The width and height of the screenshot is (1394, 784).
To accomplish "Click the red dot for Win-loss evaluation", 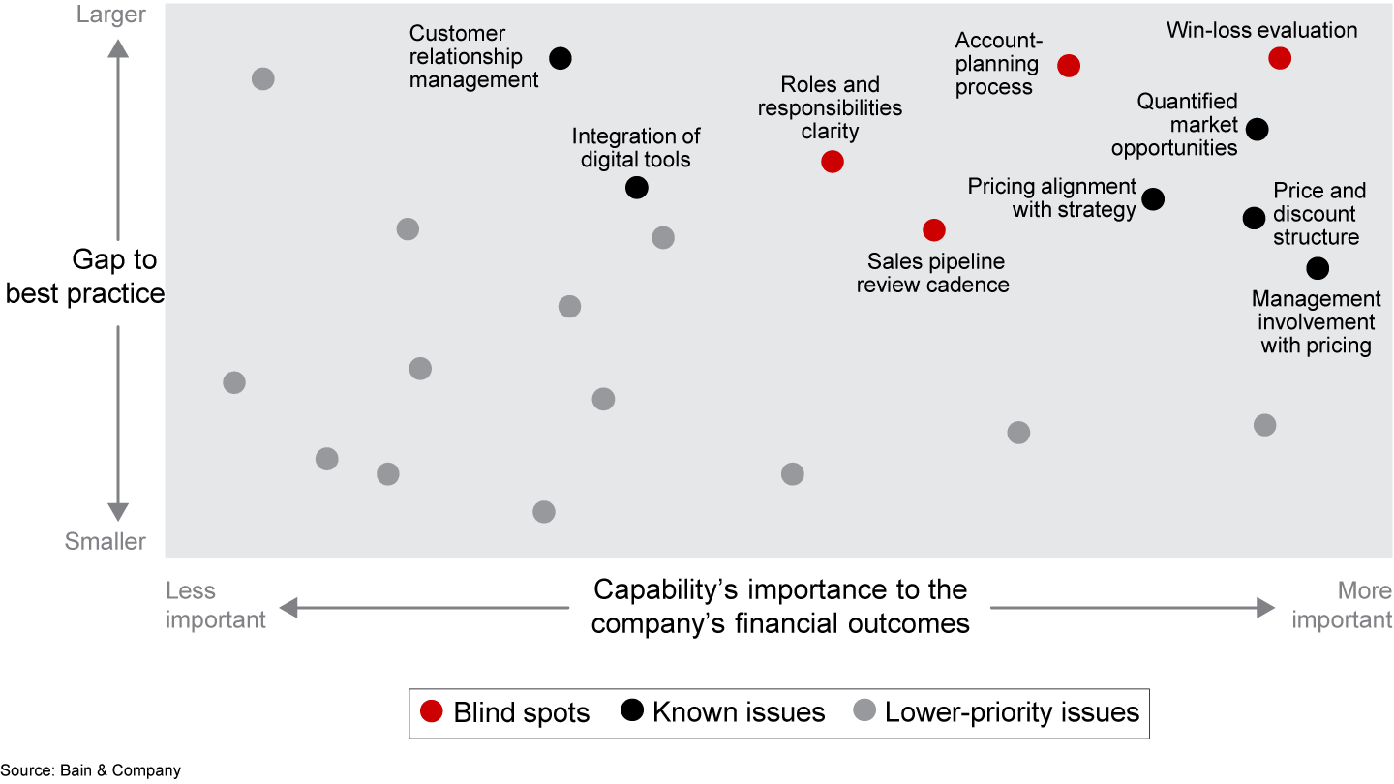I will [1280, 58].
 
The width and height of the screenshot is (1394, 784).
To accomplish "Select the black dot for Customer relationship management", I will [560, 58].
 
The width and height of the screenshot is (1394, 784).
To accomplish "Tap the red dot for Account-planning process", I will [1069, 66].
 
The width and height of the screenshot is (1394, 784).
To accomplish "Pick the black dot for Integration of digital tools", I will [637, 188].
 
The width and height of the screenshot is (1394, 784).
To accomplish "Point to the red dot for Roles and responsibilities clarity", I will [833, 162].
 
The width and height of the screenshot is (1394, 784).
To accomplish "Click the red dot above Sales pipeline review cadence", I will [933, 229].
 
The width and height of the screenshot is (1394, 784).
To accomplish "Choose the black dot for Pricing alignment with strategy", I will [1153, 199].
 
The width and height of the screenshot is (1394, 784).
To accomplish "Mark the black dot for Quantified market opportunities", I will [1258, 129].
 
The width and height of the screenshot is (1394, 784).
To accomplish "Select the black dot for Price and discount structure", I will [1254, 218].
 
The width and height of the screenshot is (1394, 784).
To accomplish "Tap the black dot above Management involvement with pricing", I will [1318, 268].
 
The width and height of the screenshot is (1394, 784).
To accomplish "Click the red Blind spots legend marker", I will [433, 712].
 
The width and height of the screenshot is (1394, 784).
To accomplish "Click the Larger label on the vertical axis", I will [112, 15].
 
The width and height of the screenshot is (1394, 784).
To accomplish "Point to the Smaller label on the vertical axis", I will [106, 541].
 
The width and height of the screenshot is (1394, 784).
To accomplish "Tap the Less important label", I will [215, 605].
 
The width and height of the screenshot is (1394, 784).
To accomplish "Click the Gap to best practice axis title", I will [85, 277].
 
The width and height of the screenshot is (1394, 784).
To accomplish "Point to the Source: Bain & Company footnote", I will [91, 770].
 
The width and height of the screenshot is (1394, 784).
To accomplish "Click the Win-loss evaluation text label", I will [1261, 30].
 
